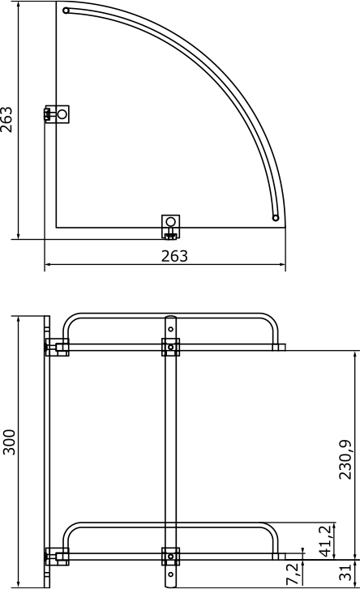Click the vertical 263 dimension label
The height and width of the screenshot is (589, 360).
click(x=6, y=120)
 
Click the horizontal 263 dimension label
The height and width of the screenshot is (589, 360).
click(x=174, y=256)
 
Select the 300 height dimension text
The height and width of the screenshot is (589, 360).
click(x=9, y=442)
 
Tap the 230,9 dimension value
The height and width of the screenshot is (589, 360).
click(x=345, y=459)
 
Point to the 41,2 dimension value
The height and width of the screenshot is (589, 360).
click(x=325, y=540)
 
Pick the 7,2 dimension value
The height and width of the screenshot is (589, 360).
click(x=294, y=574)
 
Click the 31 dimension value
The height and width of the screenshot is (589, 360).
click(x=345, y=572)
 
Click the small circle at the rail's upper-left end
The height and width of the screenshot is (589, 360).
click(x=66, y=11)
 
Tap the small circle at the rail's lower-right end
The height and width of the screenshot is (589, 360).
click(x=276, y=218)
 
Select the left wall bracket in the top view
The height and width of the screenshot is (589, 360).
click(x=57, y=113)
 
